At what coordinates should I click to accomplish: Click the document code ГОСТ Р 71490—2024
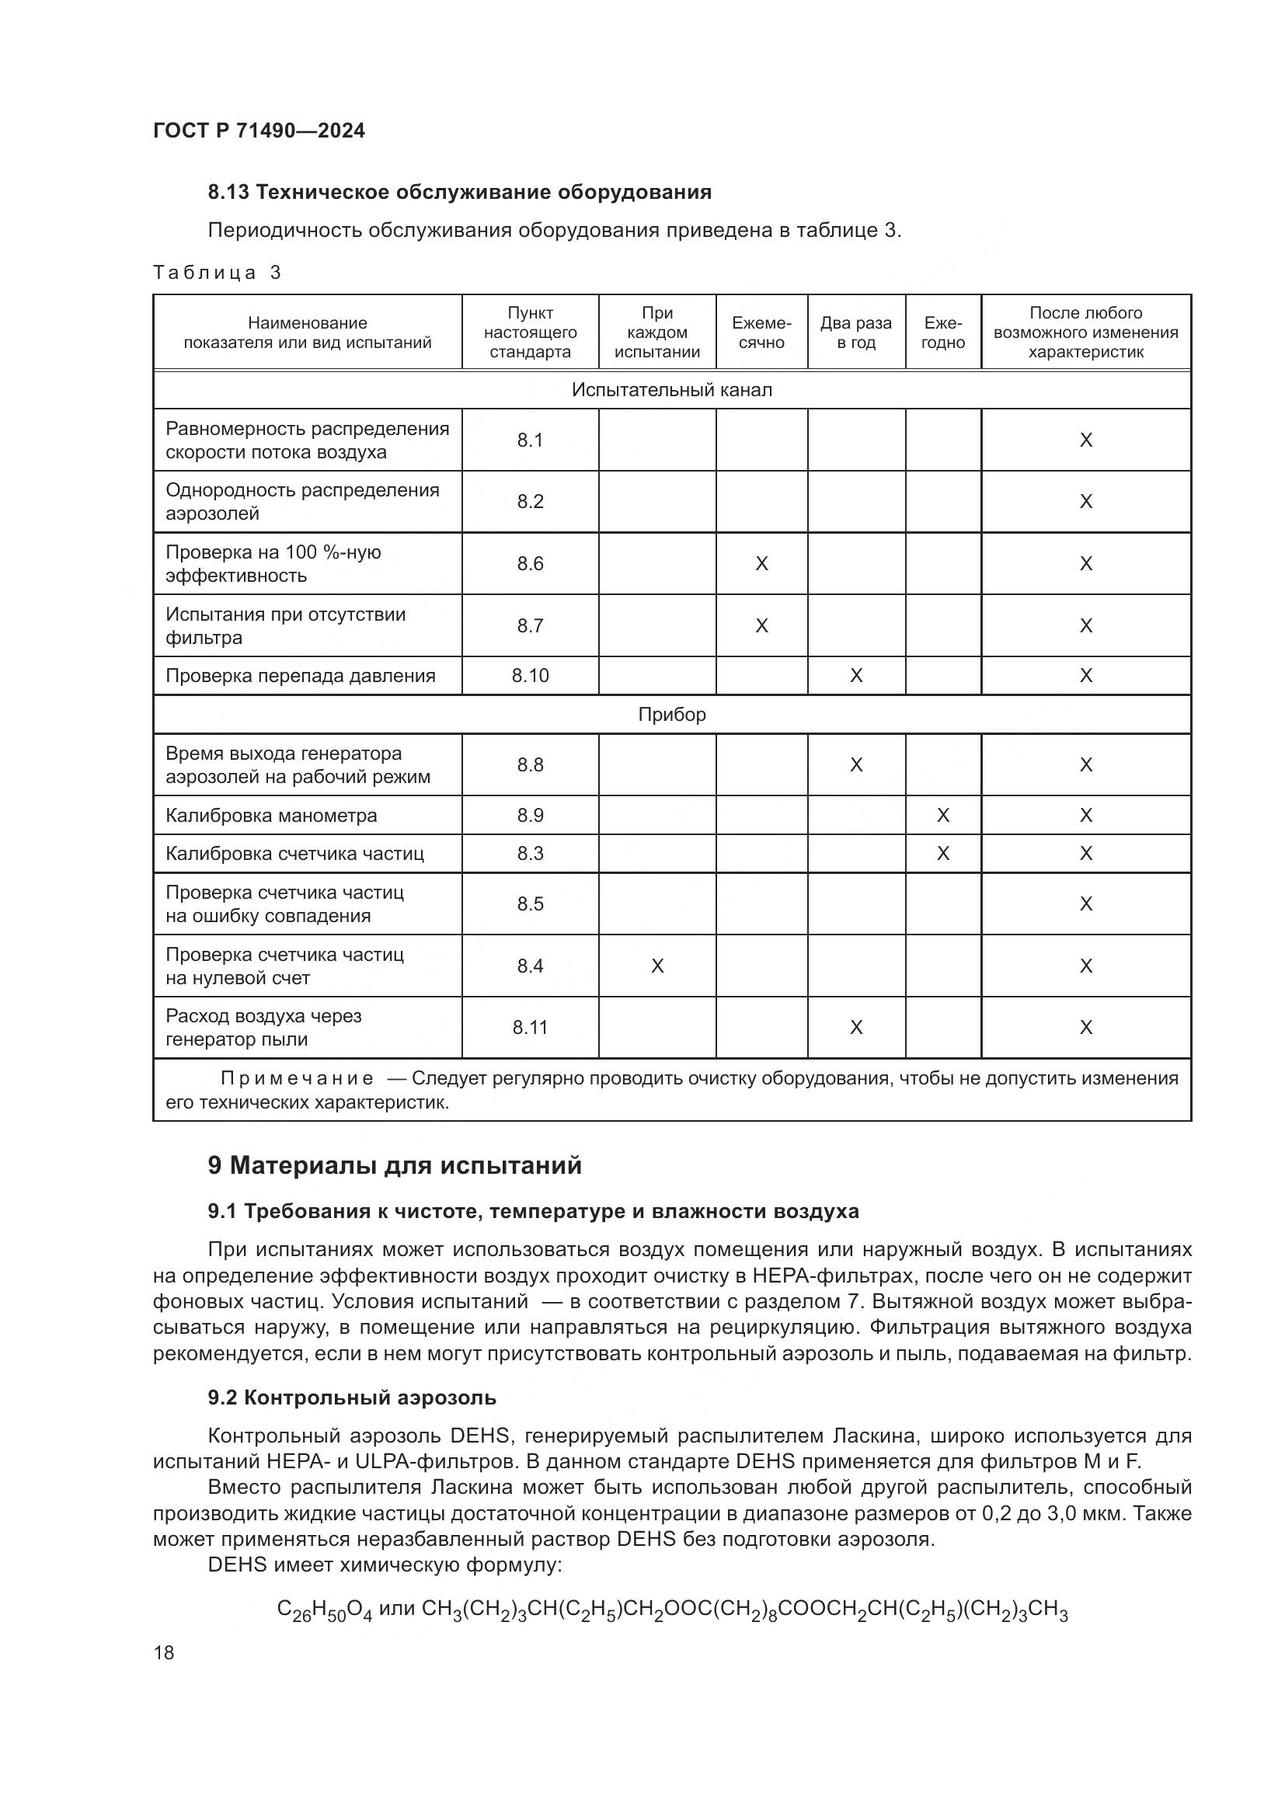click(259, 131)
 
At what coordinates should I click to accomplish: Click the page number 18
click(164, 1652)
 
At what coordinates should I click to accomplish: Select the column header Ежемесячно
click(761, 332)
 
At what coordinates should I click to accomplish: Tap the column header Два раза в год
click(855, 332)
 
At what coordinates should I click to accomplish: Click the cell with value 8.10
click(529, 676)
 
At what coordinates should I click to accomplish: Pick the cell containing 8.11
click(529, 1027)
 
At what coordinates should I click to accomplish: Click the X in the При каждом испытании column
click(656, 966)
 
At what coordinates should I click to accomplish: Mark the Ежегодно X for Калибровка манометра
click(942, 815)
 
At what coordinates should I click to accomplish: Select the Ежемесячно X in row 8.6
click(761, 563)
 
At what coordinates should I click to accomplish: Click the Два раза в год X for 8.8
click(855, 764)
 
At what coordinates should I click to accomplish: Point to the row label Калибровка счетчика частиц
click(294, 853)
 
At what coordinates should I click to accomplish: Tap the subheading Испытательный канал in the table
click(671, 390)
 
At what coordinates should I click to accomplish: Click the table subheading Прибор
click(671, 715)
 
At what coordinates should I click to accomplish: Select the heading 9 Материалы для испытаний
click(394, 1166)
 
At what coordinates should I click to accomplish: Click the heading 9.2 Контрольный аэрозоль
click(351, 1398)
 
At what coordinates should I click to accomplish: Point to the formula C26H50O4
click(324, 1610)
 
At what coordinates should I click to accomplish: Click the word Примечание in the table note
click(297, 1079)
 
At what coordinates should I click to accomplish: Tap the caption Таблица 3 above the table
click(217, 273)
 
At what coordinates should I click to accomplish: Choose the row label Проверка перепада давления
click(300, 676)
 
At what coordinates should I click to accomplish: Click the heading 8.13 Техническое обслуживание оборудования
click(459, 193)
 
